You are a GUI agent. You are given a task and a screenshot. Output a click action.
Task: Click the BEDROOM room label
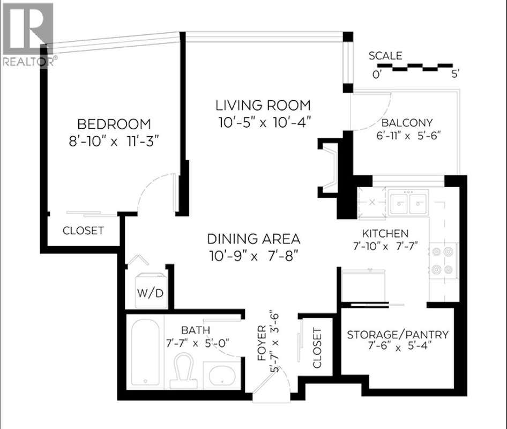pos(114,124)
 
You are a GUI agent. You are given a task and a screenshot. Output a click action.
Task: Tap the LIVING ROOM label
pos(263,106)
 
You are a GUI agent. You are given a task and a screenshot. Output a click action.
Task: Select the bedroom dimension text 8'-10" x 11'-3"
pos(114,142)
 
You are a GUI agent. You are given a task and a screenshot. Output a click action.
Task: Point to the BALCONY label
pos(407,123)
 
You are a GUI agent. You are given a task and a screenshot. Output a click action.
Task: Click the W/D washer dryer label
pos(151,293)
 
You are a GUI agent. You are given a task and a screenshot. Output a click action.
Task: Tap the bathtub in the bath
pos(145,352)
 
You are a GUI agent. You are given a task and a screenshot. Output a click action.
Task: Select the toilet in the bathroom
pos(184,371)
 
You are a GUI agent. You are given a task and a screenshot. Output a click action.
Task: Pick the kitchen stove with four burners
pos(443,261)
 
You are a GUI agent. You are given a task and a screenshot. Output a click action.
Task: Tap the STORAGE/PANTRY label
pos(398,335)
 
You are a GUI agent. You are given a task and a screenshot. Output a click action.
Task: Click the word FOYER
pos(262,343)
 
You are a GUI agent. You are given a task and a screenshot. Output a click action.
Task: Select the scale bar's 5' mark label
pos(455,75)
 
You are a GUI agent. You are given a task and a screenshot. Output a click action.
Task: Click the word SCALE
pos(385,56)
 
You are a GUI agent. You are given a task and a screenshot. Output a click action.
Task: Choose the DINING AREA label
pos(253,239)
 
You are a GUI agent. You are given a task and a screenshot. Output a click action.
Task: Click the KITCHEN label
pos(385,233)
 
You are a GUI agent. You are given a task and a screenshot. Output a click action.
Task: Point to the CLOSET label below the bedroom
pos(83,231)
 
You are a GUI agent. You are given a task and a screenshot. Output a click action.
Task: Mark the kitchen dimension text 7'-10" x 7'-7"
pos(385,246)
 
